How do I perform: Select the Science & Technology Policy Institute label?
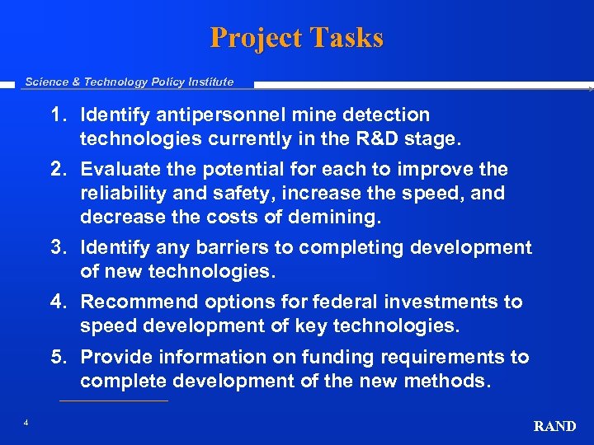tap(130, 82)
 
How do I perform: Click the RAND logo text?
tap(554, 426)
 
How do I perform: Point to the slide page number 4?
tap(26, 423)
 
